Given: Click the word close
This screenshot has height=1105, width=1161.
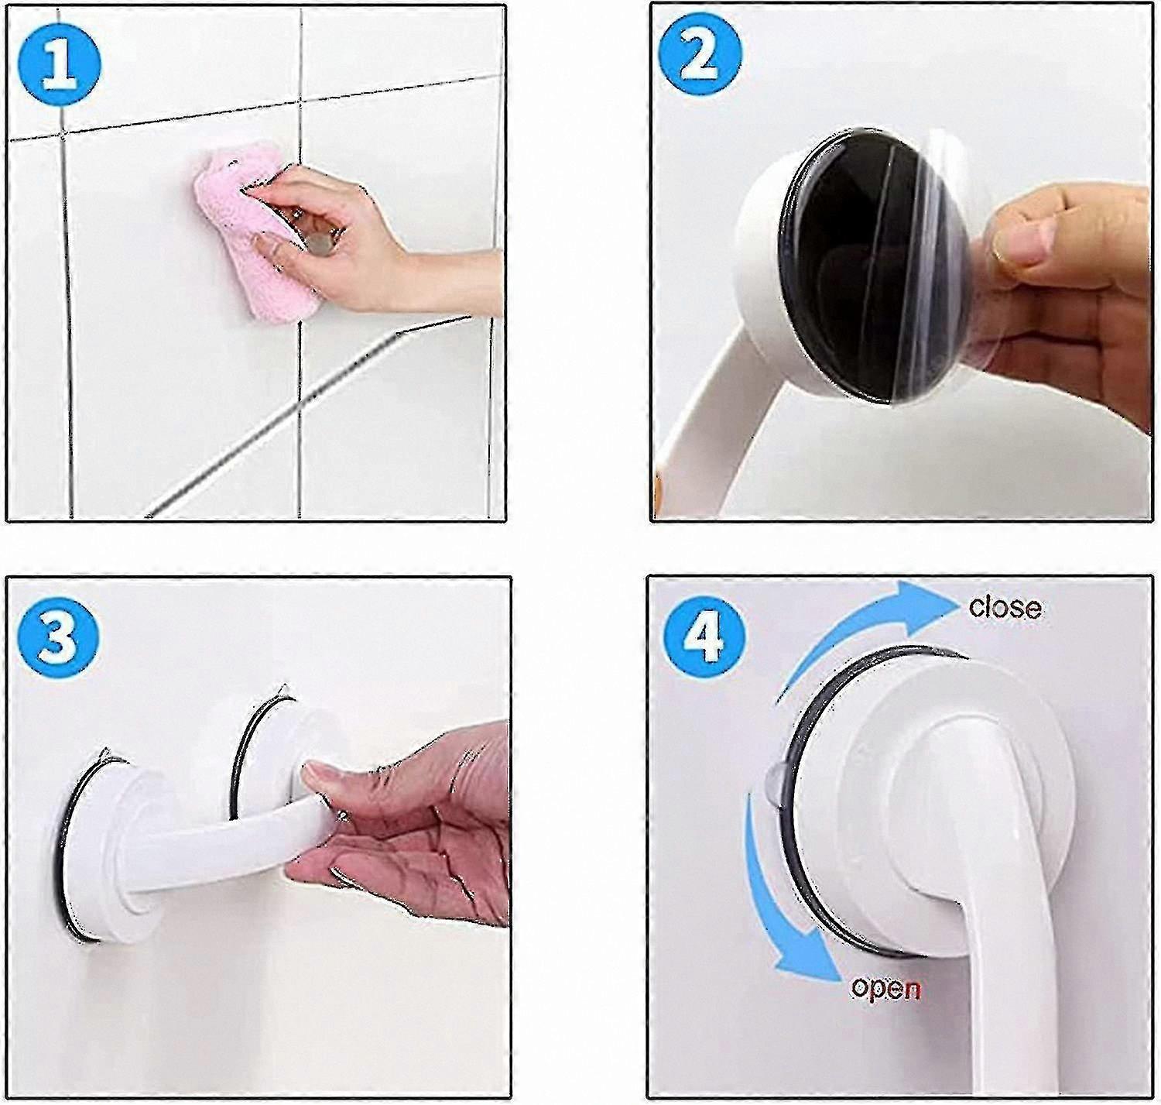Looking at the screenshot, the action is coord(1005,609).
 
